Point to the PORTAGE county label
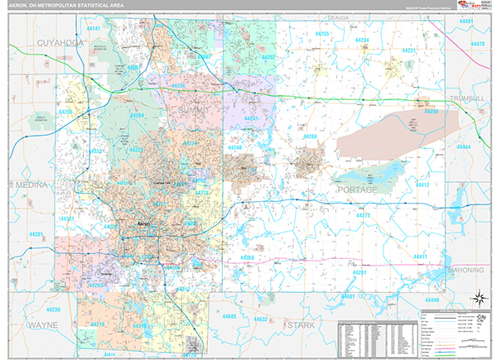coord(357,190)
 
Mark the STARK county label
coord(301,325)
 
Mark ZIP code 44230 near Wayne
coord(54,310)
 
